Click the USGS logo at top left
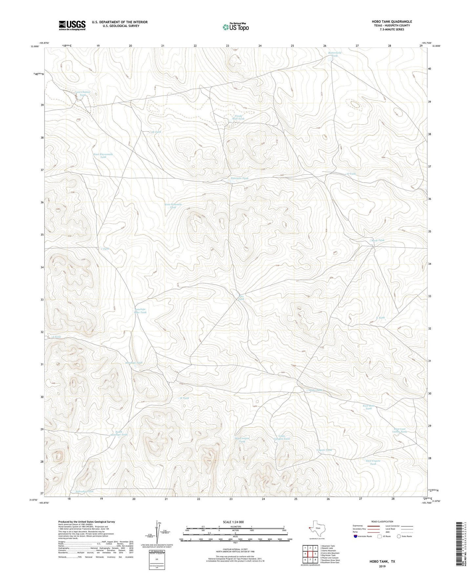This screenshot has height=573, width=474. pos(72,25)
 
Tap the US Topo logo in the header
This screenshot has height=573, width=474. pos(235,27)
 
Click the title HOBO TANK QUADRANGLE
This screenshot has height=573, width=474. pos(392,22)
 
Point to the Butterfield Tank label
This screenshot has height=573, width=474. pos(335,54)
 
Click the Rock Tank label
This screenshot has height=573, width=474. pos(378,240)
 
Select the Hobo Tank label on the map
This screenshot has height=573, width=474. pos(316,390)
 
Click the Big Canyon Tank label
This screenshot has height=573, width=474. pos(242,440)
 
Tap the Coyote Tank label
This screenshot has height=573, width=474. pos(324,450)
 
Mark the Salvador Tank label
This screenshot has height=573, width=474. pos(84,491)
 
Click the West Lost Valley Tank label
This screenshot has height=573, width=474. pos(400,430)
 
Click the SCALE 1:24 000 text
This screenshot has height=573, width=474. pos(235,522)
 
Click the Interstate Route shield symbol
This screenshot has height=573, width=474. pos(356,536)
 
